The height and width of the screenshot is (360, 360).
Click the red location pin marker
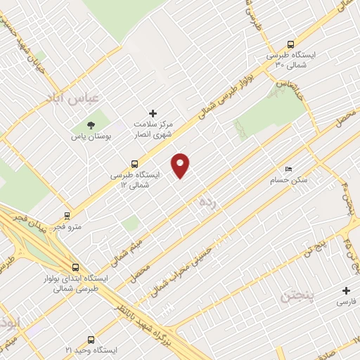(181, 165)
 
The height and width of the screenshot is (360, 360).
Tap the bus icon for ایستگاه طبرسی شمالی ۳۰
(291, 44)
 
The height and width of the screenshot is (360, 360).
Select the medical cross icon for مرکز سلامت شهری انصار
(153, 113)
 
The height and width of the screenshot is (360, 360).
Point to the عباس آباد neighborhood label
(73, 98)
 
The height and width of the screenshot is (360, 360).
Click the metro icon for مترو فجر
(67, 216)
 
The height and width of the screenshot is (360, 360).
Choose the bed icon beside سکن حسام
(288, 169)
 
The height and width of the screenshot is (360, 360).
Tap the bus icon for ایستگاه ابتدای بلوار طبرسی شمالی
(75, 267)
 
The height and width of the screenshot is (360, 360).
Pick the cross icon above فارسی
(345, 290)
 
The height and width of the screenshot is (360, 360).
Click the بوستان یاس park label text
(87, 136)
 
